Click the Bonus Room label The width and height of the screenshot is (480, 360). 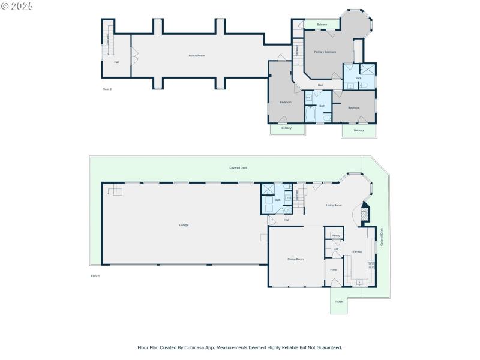click(197, 55)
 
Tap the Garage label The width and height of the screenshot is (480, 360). click(184, 225)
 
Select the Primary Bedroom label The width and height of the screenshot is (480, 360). click(325, 52)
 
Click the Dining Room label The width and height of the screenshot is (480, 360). click(295, 259)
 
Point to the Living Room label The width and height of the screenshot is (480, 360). click(334, 205)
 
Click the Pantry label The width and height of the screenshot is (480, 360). click(335, 236)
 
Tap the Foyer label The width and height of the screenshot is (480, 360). click(334, 270)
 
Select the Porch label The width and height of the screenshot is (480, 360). click(339, 302)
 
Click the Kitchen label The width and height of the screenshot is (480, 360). click(357, 252)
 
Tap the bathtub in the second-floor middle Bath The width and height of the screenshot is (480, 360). click(311, 113)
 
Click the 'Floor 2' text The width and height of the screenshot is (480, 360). click(107, 89)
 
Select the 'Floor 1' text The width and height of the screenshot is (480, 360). click(95, 276)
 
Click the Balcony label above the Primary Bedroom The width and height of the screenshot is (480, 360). click(322, 25)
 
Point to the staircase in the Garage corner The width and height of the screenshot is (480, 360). click(115, 190)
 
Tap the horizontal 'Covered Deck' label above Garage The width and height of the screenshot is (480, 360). click(238, 168)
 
